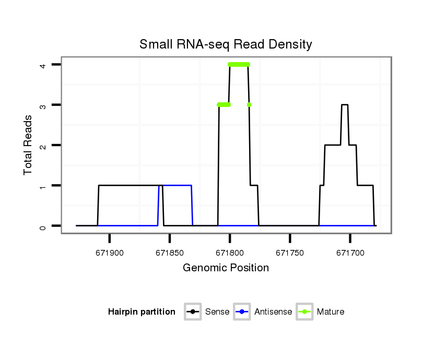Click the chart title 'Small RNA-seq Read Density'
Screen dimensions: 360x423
[x=226, y=44]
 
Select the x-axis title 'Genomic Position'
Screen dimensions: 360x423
[x=226, y=268]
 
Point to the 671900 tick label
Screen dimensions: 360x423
[x=110, y=252]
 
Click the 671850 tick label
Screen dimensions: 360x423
[x=170, y=252]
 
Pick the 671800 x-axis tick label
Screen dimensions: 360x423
[x=230, y=252]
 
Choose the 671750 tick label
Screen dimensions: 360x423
[x=290, y=252]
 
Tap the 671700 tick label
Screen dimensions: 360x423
[x=350, y=252]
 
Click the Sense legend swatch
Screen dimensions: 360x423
[x=193, y=312]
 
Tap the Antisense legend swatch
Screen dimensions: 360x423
[x=242, y=312]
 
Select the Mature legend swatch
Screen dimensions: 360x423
[x=304, y=312]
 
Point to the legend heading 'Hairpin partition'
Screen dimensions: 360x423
[x=142, y=312]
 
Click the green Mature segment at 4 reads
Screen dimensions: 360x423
[x=239, y=65]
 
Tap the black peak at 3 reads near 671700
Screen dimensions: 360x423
[x=345, y=105]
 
